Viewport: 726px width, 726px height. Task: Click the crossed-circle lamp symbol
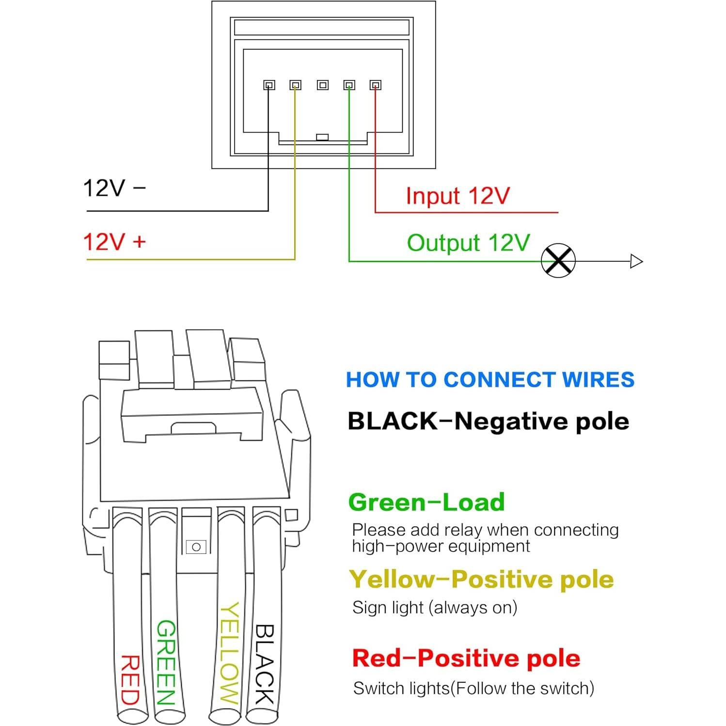(x=558, y=261)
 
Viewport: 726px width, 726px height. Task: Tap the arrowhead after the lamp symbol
(x=636, y=261)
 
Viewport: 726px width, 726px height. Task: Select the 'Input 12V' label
(x=458, y=196)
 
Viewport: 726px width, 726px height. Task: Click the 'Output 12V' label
(x=468, y=243)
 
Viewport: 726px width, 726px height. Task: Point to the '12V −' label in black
(x=114, y=188)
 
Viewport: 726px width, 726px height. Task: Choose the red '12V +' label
(x=114, y=241)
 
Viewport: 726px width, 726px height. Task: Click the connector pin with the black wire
(x=269, y=85)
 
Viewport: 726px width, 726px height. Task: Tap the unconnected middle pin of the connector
(x=322, y=85)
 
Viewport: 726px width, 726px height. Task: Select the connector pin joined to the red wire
(x=375, y=85)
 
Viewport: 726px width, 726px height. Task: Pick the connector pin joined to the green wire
(x=349, y=85)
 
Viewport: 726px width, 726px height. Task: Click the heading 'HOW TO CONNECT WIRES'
(x=490, y=379)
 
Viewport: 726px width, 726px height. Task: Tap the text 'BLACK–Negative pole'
(x=488, y=421)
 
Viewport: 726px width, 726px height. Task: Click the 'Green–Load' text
(x=426, y=502)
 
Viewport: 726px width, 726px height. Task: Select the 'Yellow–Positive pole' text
(x=481, y=579)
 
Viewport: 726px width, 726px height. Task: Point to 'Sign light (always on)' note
(x=435, y=607)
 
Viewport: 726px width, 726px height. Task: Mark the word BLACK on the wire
(x=265, y=664)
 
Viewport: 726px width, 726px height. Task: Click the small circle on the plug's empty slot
(x=196, y=547)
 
